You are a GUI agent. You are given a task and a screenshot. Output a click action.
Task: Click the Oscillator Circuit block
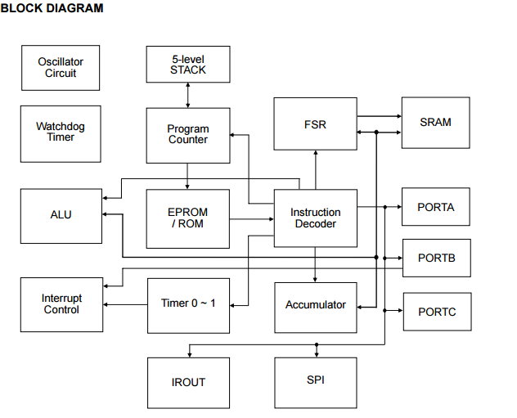pos(61,68)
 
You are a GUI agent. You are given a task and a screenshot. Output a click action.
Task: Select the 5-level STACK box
pos(188,65)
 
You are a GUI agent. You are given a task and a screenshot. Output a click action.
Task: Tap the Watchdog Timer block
pos(61,133)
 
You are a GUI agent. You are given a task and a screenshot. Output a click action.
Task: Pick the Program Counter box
pos(188,135)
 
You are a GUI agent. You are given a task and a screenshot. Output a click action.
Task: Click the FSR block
pos(315,124)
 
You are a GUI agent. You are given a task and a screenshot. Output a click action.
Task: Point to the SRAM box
pos(435,123)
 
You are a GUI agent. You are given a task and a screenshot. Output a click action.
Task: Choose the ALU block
pos(61,215)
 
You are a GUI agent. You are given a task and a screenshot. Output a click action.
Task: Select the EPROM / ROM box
pos(188,218)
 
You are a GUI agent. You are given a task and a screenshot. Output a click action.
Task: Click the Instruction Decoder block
pos(315,218)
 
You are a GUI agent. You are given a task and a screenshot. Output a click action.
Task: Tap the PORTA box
pos(435,208)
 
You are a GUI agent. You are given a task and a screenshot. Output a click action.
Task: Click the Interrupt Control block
pos(61,304)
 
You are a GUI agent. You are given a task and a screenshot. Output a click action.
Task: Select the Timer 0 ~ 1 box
pos(188,304)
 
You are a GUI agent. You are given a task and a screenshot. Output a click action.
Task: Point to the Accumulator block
pos(315,305)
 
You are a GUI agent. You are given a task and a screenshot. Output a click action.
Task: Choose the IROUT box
pos(188,382)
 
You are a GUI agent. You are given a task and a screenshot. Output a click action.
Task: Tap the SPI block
pos(315,380)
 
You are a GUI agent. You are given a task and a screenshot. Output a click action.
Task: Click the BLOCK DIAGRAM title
pos(52,8)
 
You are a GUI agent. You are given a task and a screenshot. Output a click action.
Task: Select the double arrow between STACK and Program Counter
pos(188,95)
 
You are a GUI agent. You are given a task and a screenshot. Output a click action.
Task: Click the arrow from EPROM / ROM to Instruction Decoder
pos(251,218)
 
